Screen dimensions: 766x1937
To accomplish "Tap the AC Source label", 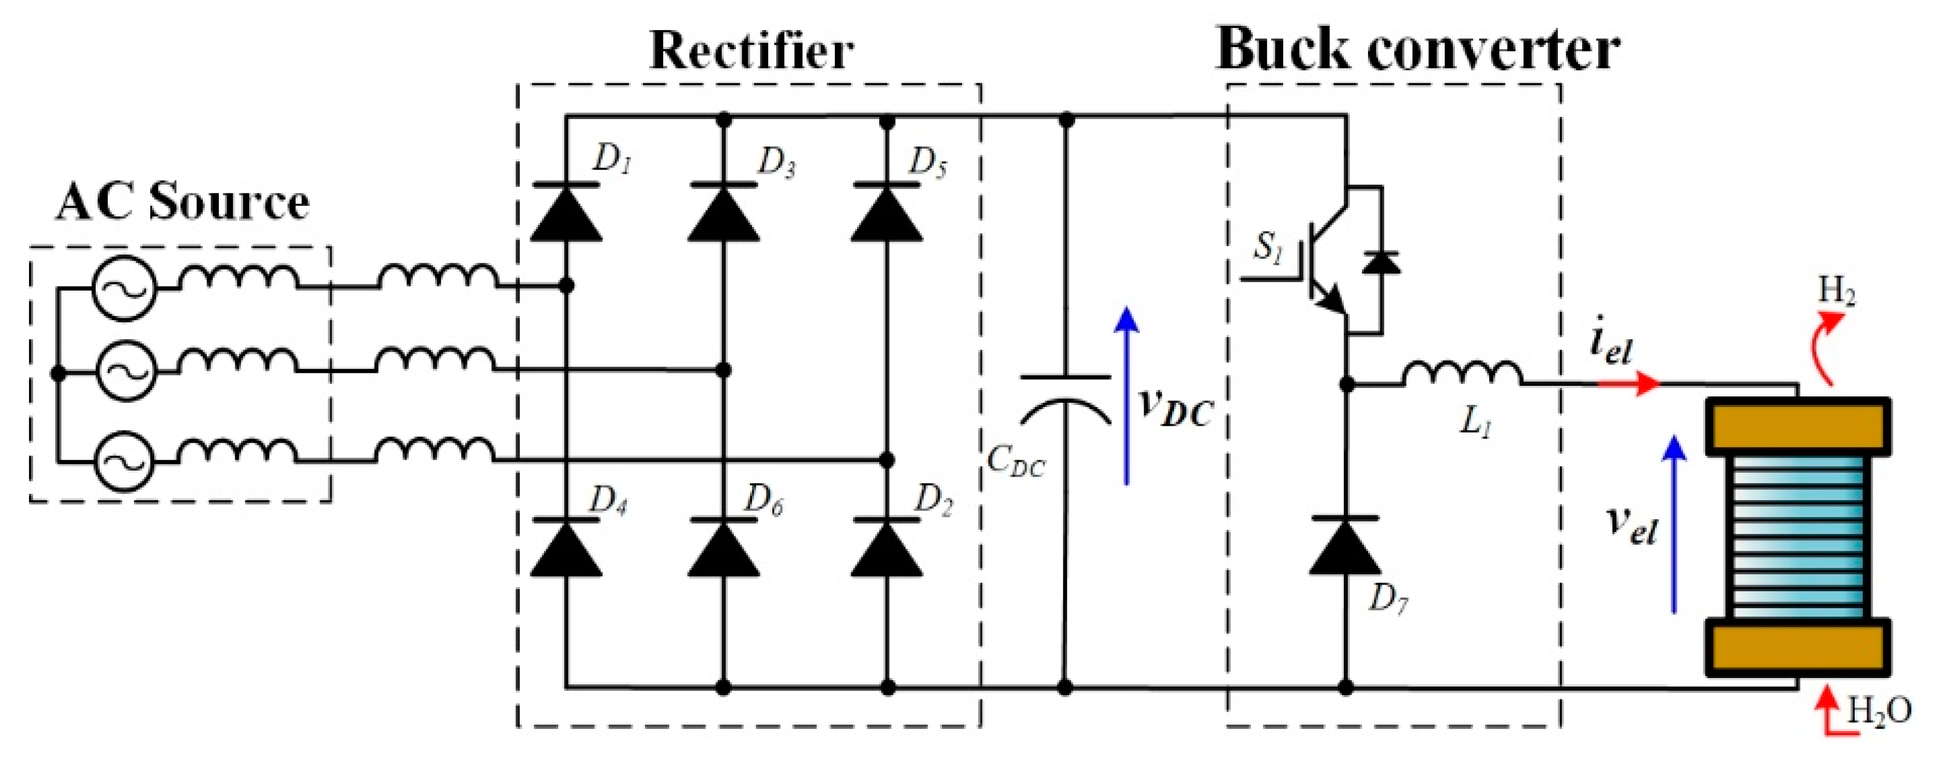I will [x=183, y=202].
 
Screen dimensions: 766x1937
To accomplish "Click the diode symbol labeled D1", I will [x=566, y=212].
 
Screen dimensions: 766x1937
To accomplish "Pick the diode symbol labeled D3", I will [x=724, y=212].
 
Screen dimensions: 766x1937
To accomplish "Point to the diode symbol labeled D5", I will [x=887, y=212].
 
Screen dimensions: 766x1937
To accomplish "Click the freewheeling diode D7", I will [x=1345, y=547].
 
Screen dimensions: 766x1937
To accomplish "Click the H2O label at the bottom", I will [x=1879, y=710].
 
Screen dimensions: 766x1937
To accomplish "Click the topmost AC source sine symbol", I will [x=124, y=288].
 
